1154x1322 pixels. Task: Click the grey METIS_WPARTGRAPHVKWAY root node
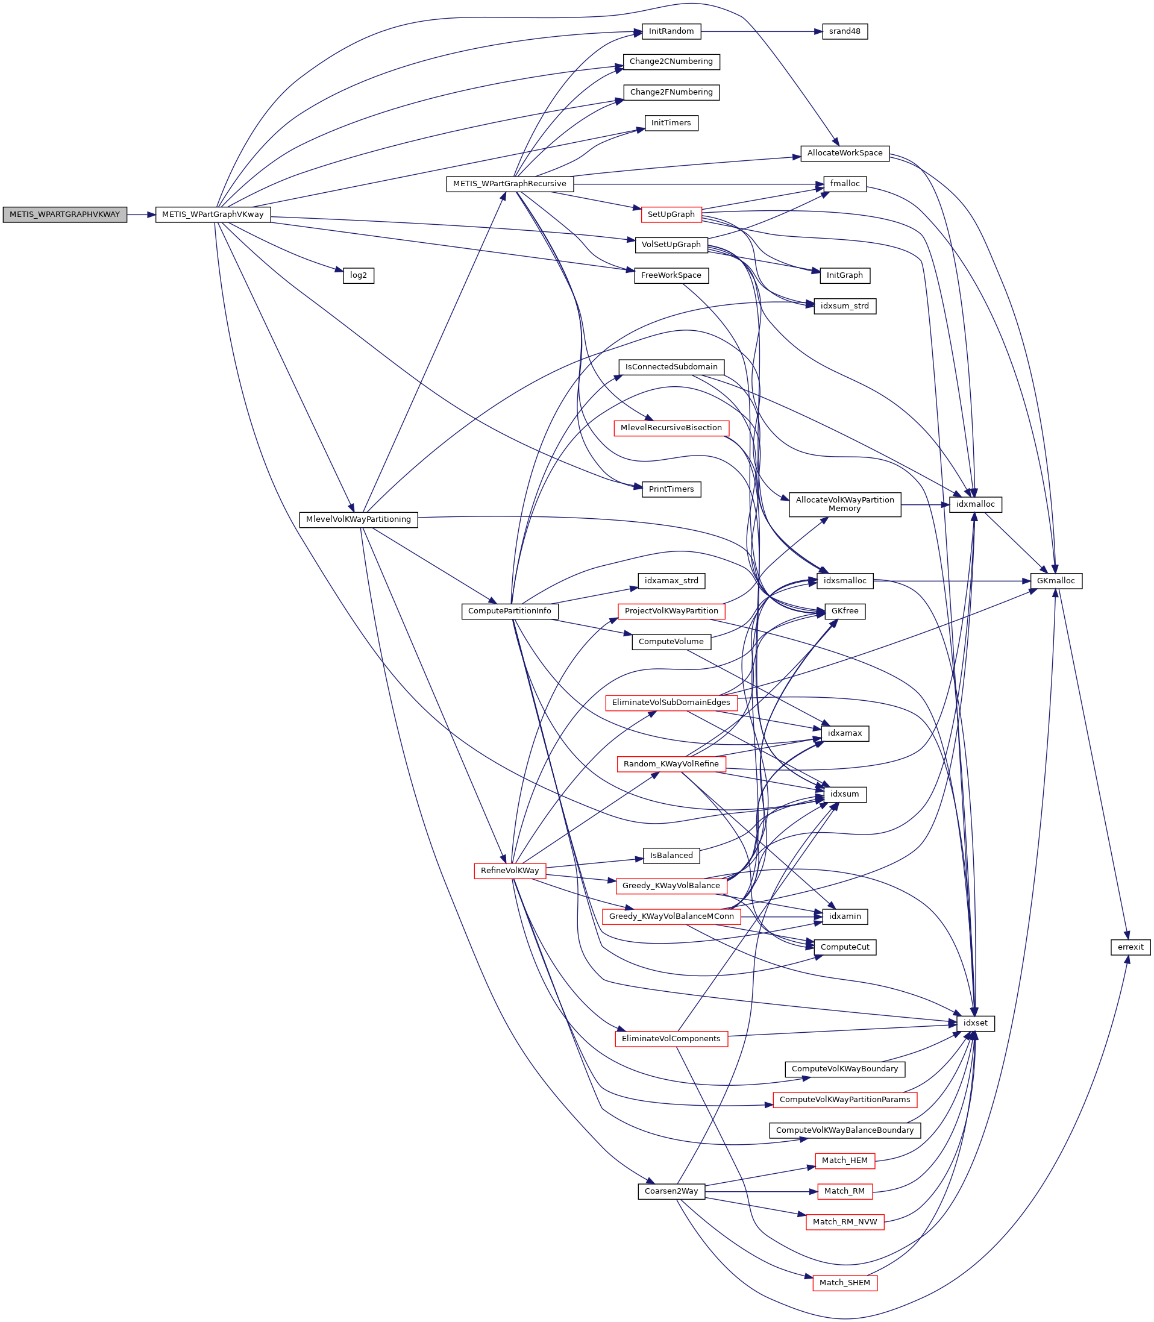(x=64, y=215)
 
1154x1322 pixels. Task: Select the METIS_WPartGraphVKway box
(x=213, y=215)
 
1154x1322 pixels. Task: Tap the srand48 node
(x=844, y=31)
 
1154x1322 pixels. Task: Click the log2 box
(x=358, y=275)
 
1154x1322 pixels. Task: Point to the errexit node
(x=1130, y=947)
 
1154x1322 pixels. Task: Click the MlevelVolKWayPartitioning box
(x=358, y=519)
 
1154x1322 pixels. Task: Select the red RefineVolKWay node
(x=509, y=871)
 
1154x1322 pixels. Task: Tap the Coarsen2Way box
(x=671, y=1191)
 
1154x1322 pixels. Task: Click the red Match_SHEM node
(x=844, y=1283)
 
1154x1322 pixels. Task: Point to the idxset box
(x=975, y=1023)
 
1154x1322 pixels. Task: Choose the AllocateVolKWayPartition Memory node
(x=844, y=504)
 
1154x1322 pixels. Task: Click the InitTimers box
(x=671, y=123)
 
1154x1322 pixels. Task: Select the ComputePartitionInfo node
(x=509, y=611)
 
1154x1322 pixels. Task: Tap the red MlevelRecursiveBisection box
(x=671, y=428)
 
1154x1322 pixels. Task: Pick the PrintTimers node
(x=671, y=489)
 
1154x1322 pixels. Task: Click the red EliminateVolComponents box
(x=671, y=1039)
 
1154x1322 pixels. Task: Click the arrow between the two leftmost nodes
(x=141, y=215)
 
